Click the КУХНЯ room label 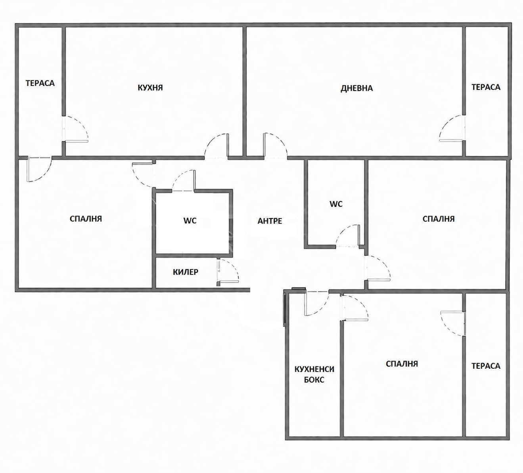pos(150,88)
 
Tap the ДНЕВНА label pos(356,88)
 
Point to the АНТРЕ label pos(270,221)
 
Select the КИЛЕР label pos(186,272)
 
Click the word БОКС pos(314,380)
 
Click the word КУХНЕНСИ pos(314,370)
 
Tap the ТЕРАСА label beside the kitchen pos(40,83)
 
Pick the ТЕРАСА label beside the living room pos(486,87)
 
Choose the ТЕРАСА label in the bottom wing pos(486,366)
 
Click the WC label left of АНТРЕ pos(190,221)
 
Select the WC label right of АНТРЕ pos(336,204)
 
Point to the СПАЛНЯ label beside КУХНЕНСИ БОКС pos(402,364)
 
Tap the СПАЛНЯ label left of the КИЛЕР pos(86,218)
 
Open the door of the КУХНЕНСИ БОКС pos(316,303)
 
